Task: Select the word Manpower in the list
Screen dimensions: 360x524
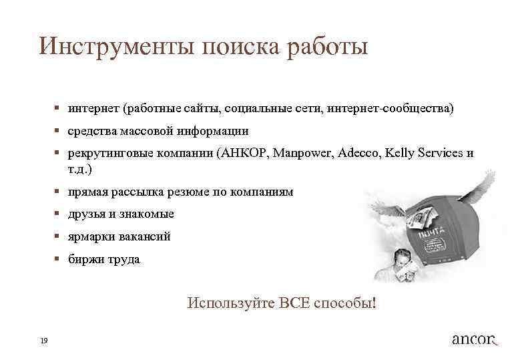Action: click(304, 152)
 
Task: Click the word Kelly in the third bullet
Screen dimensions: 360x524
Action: click(399, 152)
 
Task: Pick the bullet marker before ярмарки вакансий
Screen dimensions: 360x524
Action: click(58, 236)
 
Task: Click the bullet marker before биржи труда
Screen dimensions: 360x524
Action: click(58, 258)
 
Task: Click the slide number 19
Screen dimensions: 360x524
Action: click(43, 341)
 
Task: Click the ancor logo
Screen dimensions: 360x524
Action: click(475, 339)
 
